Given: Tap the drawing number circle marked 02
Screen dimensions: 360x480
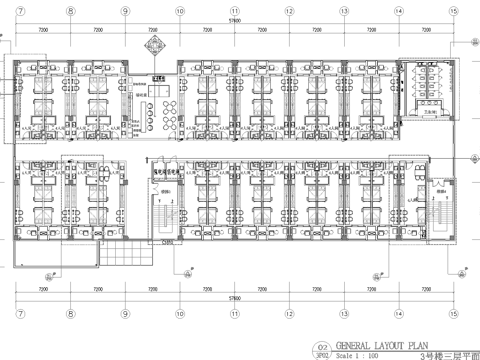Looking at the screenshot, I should [x=322, y=344].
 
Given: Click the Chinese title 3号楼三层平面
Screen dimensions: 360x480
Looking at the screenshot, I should [x=447, y=352].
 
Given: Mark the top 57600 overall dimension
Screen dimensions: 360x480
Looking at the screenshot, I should [x=234, y=19].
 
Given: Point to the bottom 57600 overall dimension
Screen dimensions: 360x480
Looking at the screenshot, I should [x=234, y=297].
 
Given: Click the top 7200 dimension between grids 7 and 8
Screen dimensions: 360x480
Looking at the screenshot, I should [x=44, y=31].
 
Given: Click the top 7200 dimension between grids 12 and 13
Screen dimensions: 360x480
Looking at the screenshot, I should [x=316, y=31].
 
